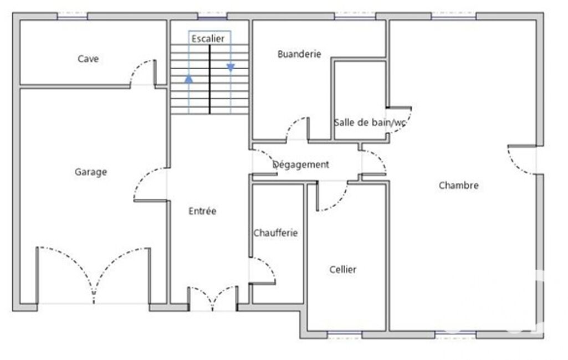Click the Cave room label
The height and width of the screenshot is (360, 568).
pyautogui.click(x=88, y=59)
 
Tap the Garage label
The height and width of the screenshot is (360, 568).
pyautogui.click(x=90, y=172)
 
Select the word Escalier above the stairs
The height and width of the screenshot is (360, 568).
pyautogui.click(x=208, y=39)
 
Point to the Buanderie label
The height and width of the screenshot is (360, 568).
pyautogui.click(x=299, y=54)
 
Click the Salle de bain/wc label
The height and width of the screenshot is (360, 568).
pyautogui.click(x=370, y=122)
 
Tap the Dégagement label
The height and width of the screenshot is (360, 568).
pyautogui.click(x=301, y=165)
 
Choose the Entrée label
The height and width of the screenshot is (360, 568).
pyautogui.click(x=202, y=211)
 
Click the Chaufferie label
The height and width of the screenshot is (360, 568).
pyautogui.click(x=275, y=233)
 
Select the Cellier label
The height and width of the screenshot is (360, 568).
pyautogui.click(x=342, y=270)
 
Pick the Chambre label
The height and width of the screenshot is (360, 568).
pyautogui.click(x=459, y=186)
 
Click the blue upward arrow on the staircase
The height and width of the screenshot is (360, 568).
pyautogui.click(x=189, y=79)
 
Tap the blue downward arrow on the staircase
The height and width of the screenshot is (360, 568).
pyautogui.click(x=231, y=68)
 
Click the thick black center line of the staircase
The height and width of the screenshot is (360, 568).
pyautogui.click(x=209, y=79)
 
